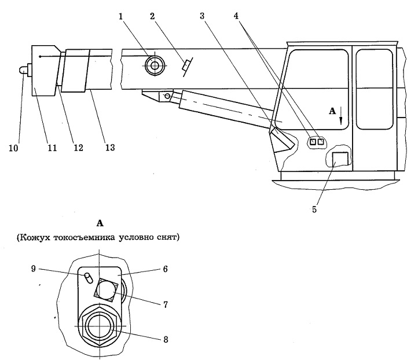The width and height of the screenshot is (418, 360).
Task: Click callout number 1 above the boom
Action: pos(121,17)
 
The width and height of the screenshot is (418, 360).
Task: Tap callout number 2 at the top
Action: pos(152,16)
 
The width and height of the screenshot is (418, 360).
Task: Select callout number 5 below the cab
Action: pos(314,210)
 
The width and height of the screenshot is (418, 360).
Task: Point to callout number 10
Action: pos(13,148)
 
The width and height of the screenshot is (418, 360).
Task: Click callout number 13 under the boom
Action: pos(110,147)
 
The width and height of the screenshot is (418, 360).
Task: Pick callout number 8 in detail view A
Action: pos(166,340)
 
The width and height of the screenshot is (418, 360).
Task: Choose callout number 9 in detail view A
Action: pos(34,269)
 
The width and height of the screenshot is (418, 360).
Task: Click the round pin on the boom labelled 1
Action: pos(155,65)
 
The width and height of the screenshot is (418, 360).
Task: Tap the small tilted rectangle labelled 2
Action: pos(186,65)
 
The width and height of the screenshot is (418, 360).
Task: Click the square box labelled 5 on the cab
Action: pos(340,159)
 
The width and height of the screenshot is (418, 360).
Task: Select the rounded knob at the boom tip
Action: pos(24,71)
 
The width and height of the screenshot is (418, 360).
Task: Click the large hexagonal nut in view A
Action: pos(100,326)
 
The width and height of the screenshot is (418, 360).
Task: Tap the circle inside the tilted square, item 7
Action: pos(106,290)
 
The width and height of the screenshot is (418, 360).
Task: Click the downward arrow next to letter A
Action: pos(340,117)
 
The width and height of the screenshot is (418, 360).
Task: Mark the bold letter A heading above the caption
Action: pos(100,223)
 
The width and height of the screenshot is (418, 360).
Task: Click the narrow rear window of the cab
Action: pos(374,89)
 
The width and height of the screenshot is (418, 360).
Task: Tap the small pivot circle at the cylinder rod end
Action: pos(167,96)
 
